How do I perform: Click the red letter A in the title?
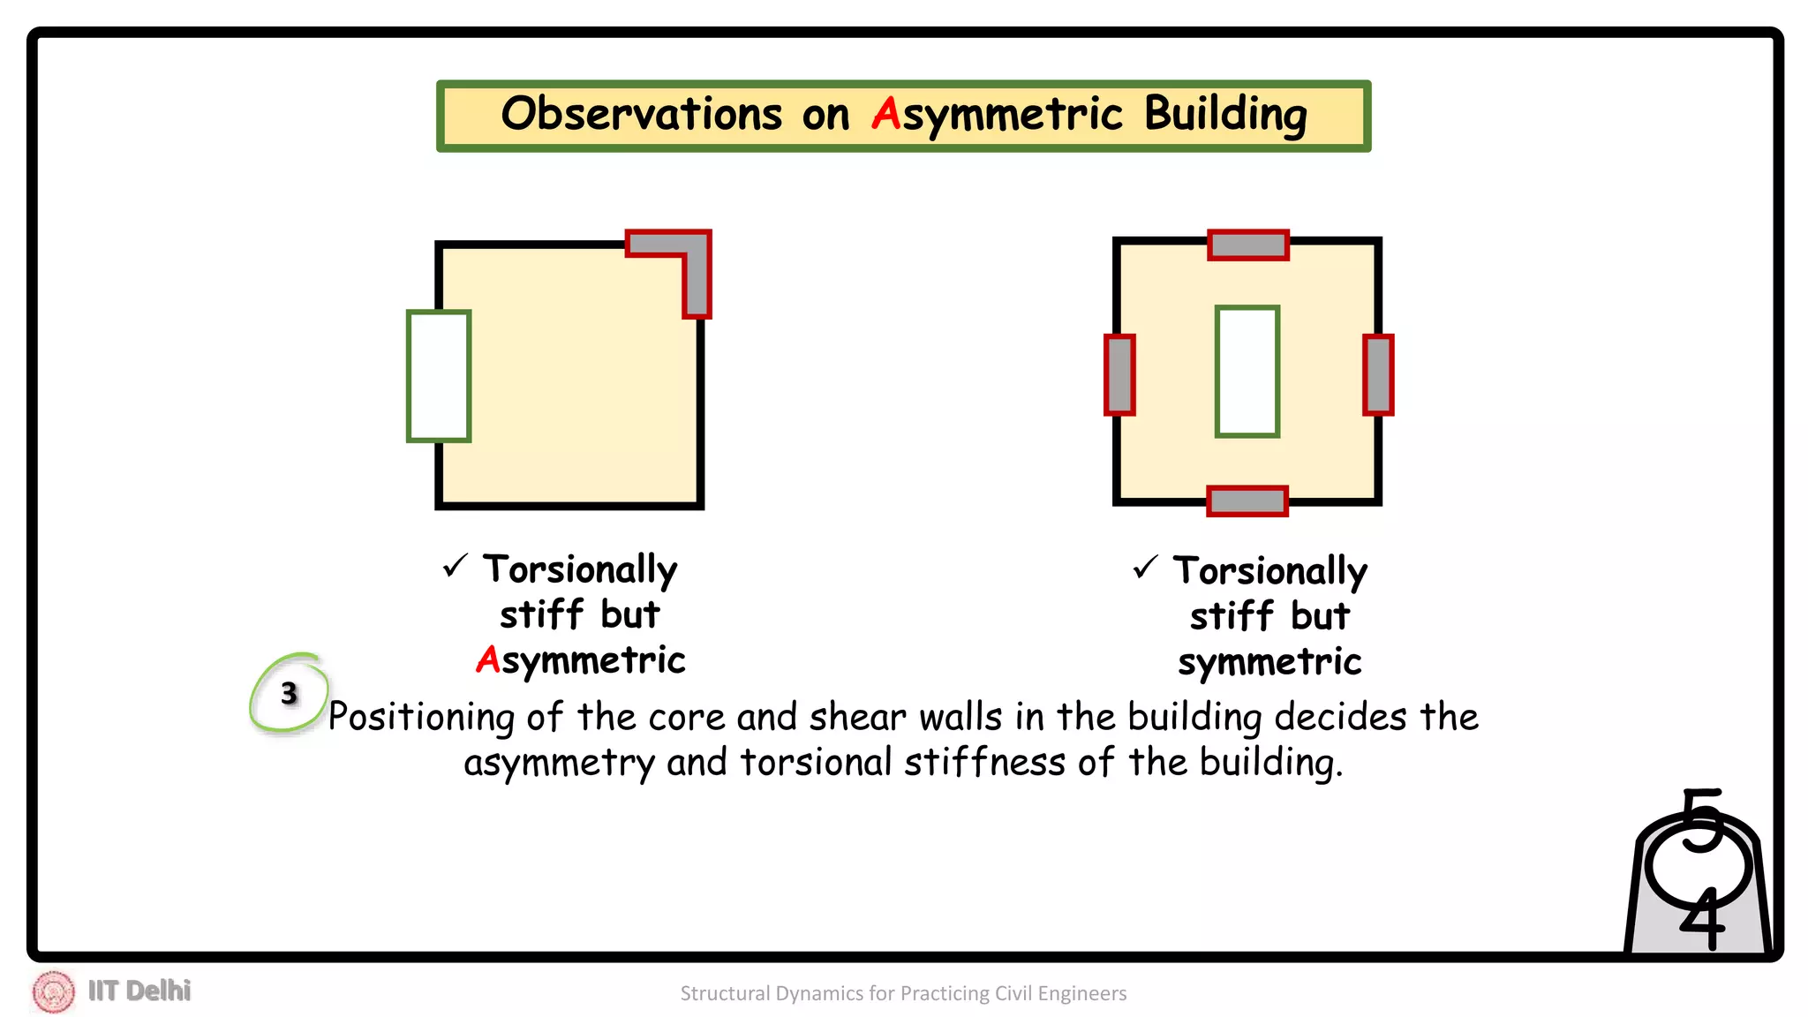tap(885, 114)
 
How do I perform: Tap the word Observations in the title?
tap(642, 114)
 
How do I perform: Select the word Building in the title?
tap(1225, 116)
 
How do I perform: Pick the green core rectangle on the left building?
tap(439, 376)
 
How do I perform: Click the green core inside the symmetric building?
tap(1247, 372)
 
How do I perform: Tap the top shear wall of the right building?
tap(1247, 245)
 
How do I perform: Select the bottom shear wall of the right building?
tap(1247, 501)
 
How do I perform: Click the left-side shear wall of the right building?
tap(1119, 374)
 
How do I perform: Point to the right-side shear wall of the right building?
tap(1377, 374)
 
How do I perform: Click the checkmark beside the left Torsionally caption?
tap(455, 566)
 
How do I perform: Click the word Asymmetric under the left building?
tap(580, 660)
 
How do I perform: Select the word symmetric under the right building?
tap(1269, 662)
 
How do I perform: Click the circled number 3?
tap(289, 694)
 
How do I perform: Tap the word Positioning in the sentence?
tap(421, 717)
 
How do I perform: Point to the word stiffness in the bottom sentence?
tap(984, 762)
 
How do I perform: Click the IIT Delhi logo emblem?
tap(54, 991)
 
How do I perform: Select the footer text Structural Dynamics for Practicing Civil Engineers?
tap(903, 993)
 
